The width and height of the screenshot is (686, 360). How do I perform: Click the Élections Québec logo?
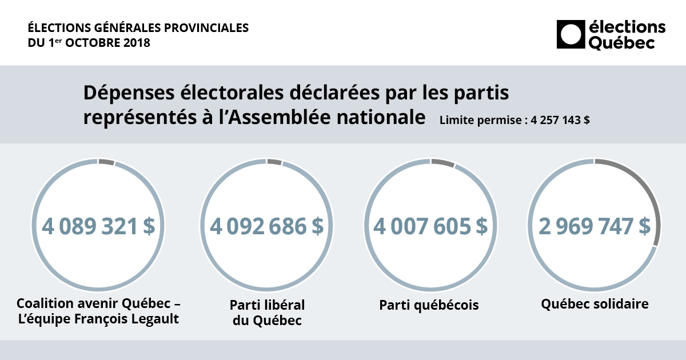point(611,34)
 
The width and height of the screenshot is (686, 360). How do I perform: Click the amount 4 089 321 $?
point(98,226)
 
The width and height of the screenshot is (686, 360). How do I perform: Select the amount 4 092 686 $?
point(266,226)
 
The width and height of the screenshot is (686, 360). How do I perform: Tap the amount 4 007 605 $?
point(430,226)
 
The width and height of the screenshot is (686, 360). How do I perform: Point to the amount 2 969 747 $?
point(594,226)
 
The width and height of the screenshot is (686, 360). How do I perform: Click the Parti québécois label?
point(429,305)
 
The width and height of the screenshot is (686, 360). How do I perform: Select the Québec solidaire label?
point(595,304)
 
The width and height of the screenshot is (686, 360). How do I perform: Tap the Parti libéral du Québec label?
point(267,312)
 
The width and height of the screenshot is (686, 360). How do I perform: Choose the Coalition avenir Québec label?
point(98,303)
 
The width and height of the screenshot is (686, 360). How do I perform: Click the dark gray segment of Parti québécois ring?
point(442,163)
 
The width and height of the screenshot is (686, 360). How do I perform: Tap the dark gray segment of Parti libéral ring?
point(274,162)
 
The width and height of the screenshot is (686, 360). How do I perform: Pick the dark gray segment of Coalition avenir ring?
point(106,162)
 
